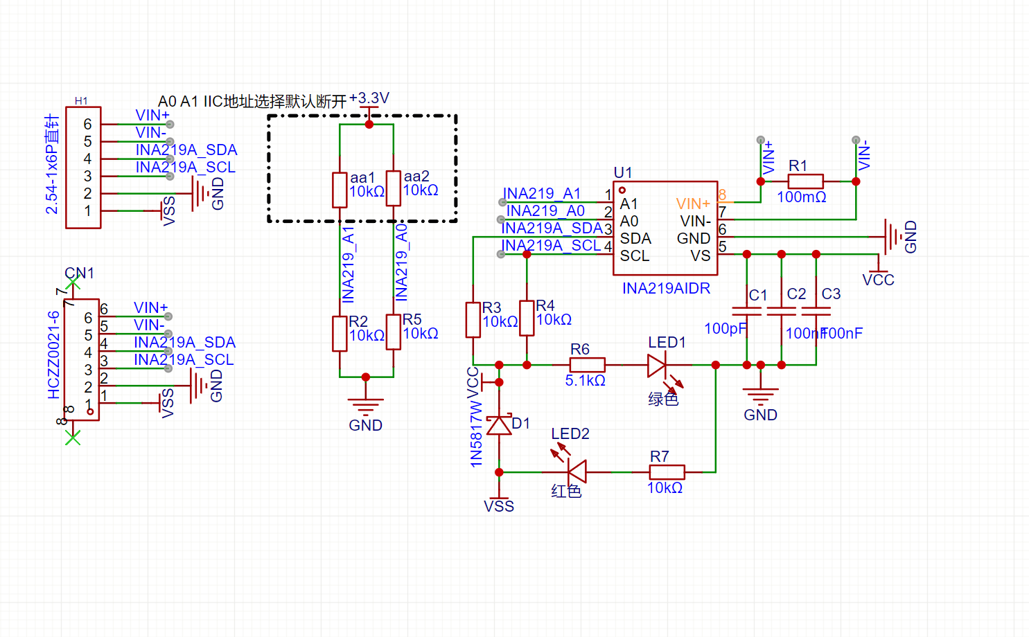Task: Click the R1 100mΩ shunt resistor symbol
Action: [805, 181]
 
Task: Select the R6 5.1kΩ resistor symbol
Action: [587, 365]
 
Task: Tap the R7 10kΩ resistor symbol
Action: [667, 472]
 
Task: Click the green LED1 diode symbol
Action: [657, 366]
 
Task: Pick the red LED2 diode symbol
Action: [577, 472]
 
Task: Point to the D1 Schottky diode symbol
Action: [499, 424]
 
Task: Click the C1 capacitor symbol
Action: [746, 311]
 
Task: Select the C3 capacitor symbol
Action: [816, 311]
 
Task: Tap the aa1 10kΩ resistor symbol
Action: [340, 190]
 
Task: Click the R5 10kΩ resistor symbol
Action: [394, 332]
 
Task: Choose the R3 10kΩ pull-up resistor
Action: [473, 320]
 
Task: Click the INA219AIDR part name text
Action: [666, 288]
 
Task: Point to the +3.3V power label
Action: [369, 98]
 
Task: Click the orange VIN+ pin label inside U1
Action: [693, 204]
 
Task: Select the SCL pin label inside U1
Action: [635, 255]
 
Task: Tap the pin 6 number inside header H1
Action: [87, 124]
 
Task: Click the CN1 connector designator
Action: [79, 273]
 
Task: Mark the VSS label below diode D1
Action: [499, 506]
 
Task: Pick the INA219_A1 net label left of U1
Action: [541, 193]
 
